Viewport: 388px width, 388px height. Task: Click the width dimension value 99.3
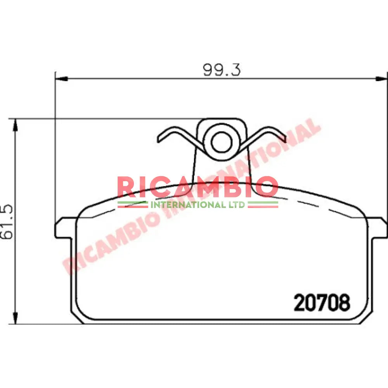[222, 69]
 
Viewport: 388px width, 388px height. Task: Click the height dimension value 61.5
[8, 222]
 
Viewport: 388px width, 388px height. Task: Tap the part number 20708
[322, 303]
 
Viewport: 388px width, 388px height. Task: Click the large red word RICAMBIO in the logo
[197, 187]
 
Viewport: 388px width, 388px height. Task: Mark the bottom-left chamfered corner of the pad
[78, 316]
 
